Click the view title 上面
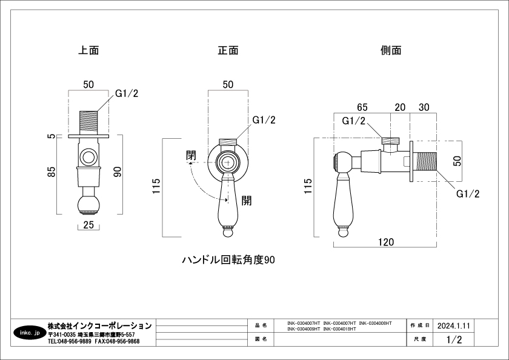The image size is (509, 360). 88,51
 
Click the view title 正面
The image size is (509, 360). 228,51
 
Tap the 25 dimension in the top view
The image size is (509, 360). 88,226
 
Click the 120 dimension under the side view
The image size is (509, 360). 385,242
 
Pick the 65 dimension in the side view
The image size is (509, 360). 362,107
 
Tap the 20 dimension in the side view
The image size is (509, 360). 400,107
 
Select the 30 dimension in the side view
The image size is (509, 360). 424,107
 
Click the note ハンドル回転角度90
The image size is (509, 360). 229,260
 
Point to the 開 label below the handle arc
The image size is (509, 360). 246,201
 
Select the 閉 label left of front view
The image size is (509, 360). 191,155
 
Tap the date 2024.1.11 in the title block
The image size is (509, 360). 453,325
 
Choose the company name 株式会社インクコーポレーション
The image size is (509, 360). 100,325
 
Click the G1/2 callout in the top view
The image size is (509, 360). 127,95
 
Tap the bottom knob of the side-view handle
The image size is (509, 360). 342,232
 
